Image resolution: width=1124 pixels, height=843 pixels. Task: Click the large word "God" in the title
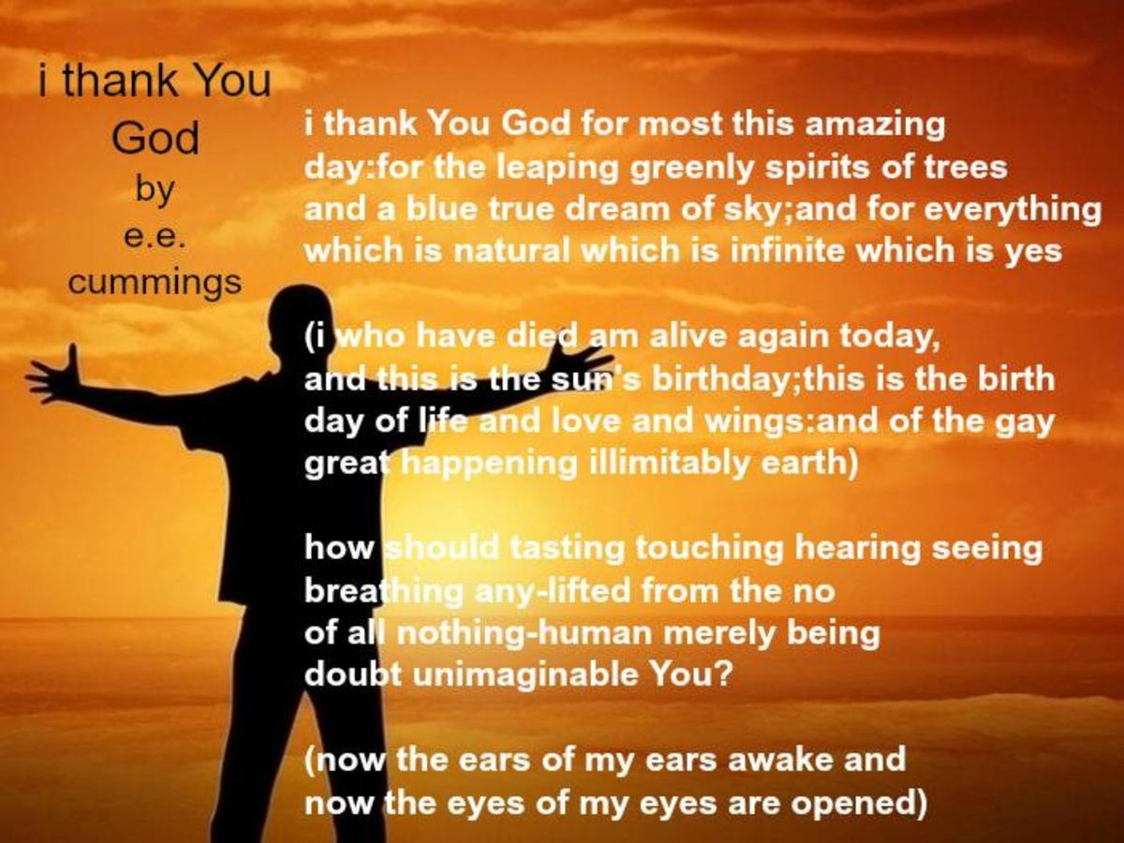coord(155,138)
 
